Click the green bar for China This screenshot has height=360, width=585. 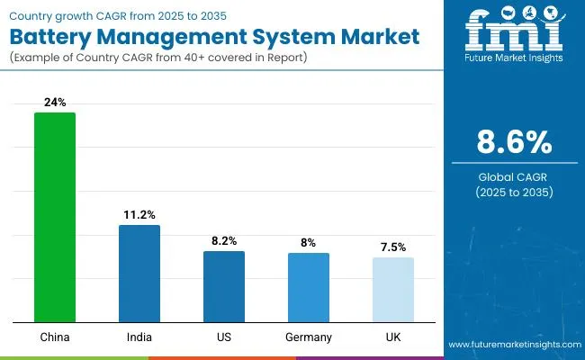click(x=55, y=217)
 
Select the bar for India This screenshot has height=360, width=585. click(x=139, y=274)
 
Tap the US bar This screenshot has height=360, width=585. click(x=224, y=286)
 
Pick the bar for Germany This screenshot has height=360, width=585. click(x=309, y=287)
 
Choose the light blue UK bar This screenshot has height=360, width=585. click(x=393, y=290)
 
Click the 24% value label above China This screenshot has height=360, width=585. click(x=55, y=103)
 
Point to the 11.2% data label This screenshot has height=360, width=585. click(x=139, y=215)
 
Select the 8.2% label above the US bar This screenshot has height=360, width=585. click(x=224, y=241)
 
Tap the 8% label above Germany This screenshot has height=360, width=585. click(x=309, y=243)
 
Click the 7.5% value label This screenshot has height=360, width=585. click(x=393, y=247)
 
